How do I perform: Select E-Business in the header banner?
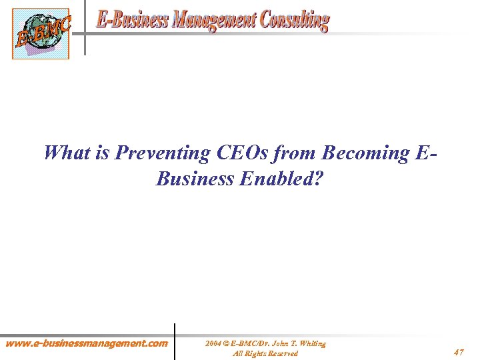coord(132,19)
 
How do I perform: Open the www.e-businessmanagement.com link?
coord(87,344)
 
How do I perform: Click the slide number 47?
coord(459,351)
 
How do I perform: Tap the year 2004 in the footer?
coord(213,343)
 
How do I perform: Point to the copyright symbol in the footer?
coord(227,343)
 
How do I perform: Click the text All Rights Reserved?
coord(265,353)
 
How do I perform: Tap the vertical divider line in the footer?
coord(175,341)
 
